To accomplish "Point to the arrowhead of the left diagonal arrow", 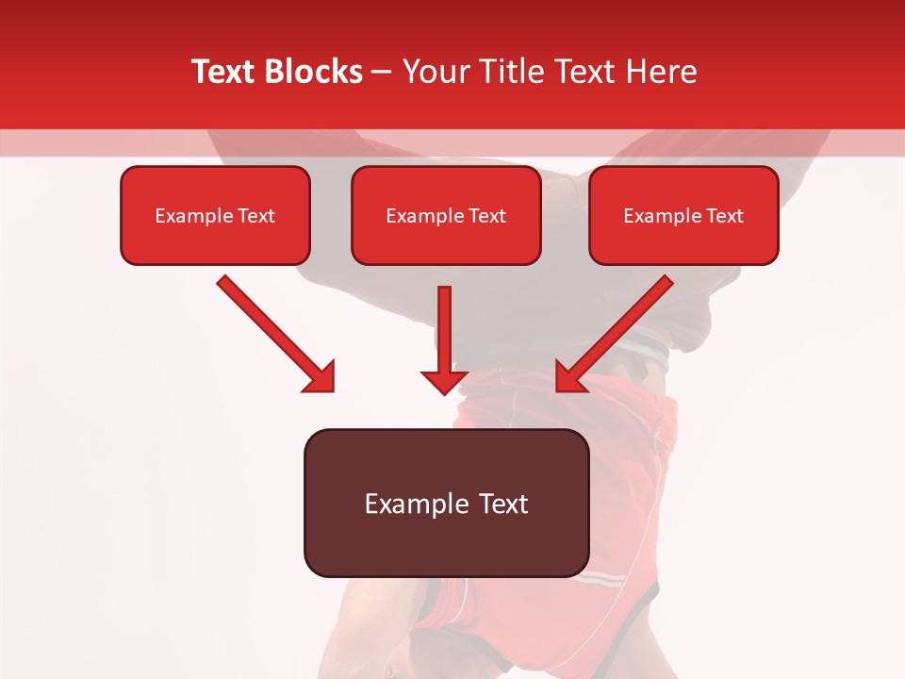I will [x=321, y=378].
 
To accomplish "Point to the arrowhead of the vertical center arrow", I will [x=444, y=381].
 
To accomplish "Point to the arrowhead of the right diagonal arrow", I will [x=569, y=378].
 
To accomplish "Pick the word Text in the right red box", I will [x=725, y=216].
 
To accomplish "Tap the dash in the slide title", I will [x=383, y=72].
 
